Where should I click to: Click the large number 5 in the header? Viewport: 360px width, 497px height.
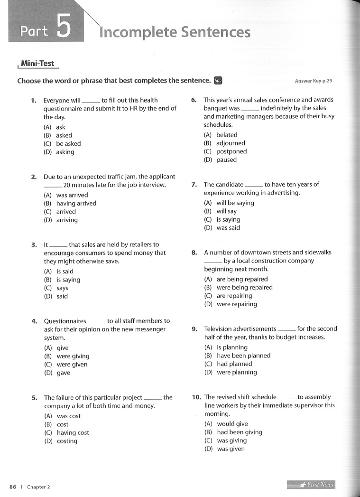click(x=64, y=27)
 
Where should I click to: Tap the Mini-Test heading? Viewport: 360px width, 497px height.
click(x=37, y=64)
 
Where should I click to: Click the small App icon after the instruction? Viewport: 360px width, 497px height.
click(x=218, y=81)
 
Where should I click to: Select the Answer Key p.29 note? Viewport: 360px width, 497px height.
click(x=313, y=81)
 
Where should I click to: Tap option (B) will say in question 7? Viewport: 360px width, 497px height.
click(x=226, y=211)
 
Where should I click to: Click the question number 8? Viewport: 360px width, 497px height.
click(x=194, y=253)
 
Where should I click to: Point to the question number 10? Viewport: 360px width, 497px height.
click(x=196, y=397)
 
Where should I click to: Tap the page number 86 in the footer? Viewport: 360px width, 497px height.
click(x=13, y=487)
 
